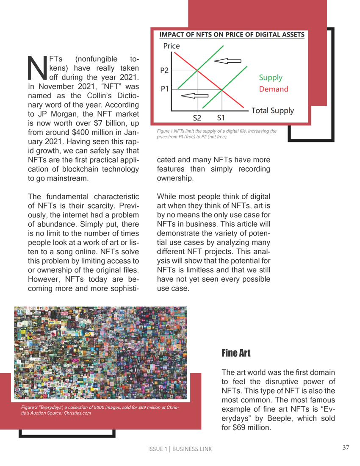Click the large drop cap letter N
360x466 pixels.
[x=37, y=68]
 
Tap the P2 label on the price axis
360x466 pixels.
[x=165, y=70]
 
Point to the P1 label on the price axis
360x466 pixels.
[x=165, y=89]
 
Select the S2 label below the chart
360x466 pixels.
[x=197, y=117]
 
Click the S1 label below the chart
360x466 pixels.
[x=222, y=117]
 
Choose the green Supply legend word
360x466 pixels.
[x=271, y=78]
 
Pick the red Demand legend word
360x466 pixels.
[x=274, y=89]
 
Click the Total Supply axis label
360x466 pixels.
[x=272, y=111]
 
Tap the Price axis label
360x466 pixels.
[x=172, y=46]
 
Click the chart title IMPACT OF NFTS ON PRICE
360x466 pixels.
[x=232, y=35]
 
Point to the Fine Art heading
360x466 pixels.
[x=236, y=353]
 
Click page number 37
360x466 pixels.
[x=346, y=448]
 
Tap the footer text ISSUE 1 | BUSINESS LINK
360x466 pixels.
[x=180, y=449]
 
